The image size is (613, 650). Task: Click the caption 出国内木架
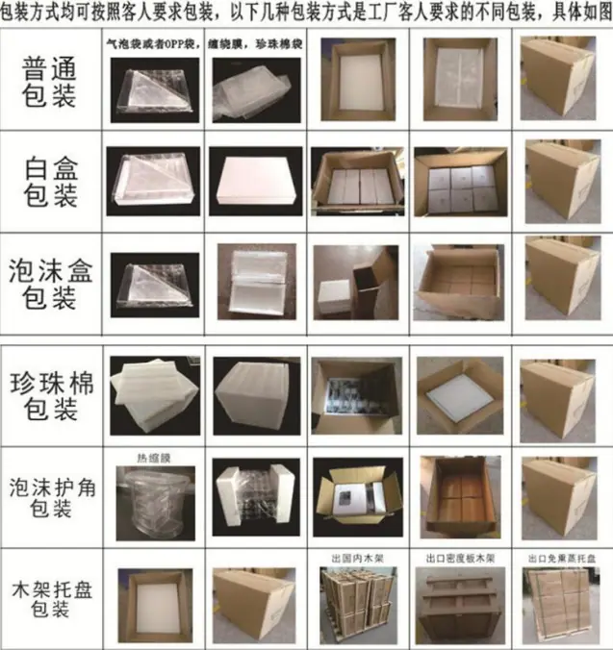(352, 557)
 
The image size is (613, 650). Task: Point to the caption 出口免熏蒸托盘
(559, 557)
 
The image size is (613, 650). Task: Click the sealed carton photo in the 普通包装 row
(559, 80)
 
